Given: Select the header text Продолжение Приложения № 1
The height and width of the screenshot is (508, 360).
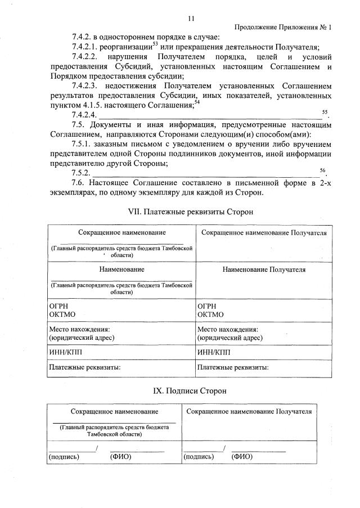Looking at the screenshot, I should tap(282, 28).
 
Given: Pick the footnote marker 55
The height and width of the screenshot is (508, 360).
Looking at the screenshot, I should tap(325, 113).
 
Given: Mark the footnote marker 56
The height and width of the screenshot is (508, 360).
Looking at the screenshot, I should tap(322, 170).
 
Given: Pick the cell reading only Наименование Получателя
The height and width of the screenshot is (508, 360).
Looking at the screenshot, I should tap(264, 269).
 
